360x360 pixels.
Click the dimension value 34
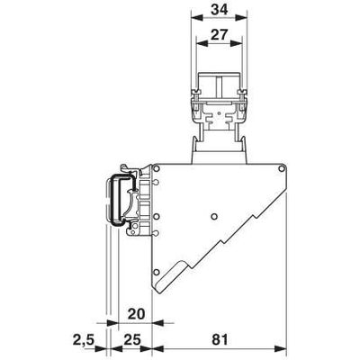click(220, 9)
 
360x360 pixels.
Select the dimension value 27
click(220, 34)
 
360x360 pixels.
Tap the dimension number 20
click(136, 314)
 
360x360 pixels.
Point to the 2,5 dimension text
click(84, 340)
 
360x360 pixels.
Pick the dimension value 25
click(132, 340)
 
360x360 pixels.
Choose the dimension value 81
click(220, 340)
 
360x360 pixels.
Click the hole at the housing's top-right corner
click(281, 169)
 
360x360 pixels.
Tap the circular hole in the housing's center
click(213, 216)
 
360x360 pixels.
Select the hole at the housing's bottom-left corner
click(156, 272)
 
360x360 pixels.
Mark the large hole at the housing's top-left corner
click(157, 169)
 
